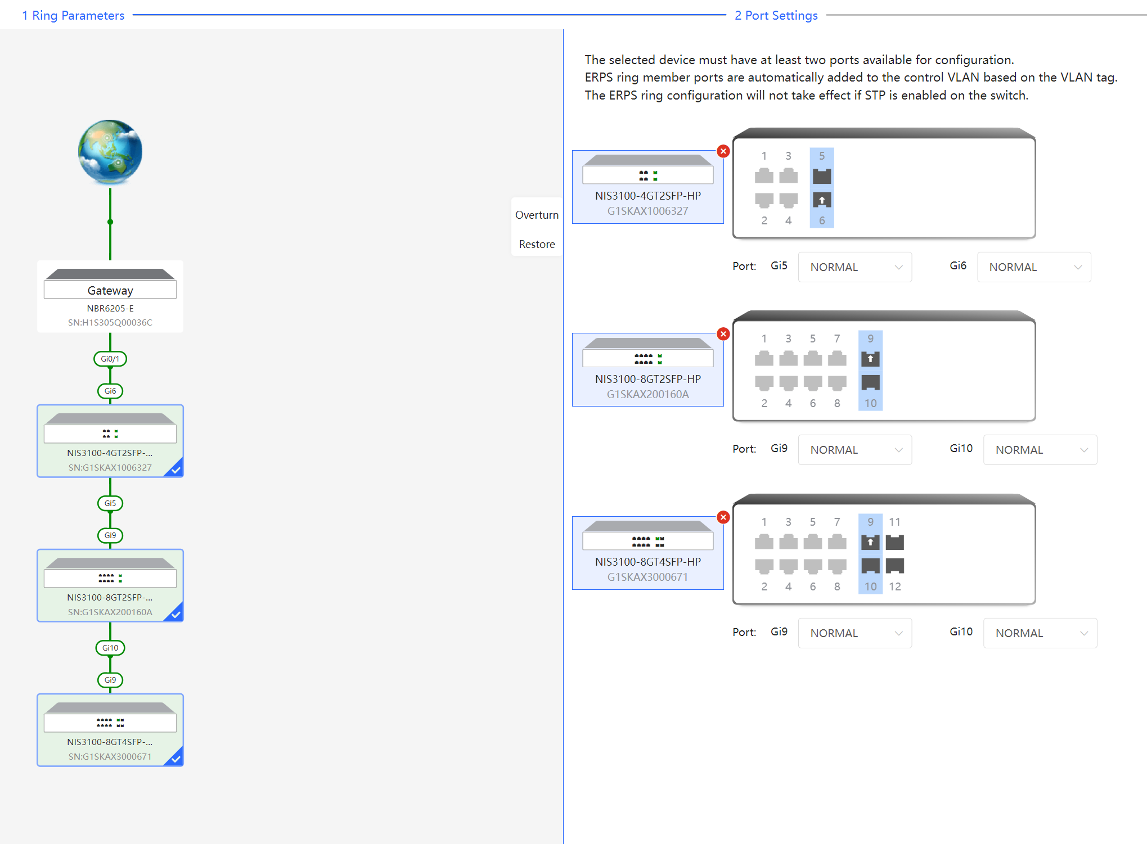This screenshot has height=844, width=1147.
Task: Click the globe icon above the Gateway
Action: [110, 152]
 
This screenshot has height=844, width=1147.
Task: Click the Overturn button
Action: [537, 215]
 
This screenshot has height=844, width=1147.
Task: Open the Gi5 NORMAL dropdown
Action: [854, 267]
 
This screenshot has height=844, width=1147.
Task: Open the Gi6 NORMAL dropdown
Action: [1034, 267]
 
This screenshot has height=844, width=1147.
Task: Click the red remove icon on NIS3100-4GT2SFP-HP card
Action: [723, 151]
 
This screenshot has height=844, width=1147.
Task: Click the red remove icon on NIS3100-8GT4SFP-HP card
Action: [723, 517]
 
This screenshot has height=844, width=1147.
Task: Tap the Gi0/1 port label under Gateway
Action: [110, 359]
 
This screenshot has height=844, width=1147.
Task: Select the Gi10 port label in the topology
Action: [110, 648]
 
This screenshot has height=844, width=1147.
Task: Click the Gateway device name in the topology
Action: [110, 291]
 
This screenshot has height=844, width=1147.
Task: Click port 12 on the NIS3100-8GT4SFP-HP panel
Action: [894, 566]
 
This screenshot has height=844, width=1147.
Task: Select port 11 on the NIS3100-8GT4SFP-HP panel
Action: [894, 542]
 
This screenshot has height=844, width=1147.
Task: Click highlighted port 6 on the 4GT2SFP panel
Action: [822, 200]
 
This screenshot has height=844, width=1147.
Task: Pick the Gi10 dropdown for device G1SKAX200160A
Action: [1040, 450]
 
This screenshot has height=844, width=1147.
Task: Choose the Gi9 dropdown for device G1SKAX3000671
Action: [854, 633]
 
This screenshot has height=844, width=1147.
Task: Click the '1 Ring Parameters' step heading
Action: [73, 15]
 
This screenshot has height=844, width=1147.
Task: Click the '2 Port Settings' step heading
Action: [776, 15]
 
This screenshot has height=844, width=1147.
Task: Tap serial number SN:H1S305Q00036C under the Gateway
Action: [110, 322]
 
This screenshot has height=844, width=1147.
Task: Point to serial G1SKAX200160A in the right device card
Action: [647, 394]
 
